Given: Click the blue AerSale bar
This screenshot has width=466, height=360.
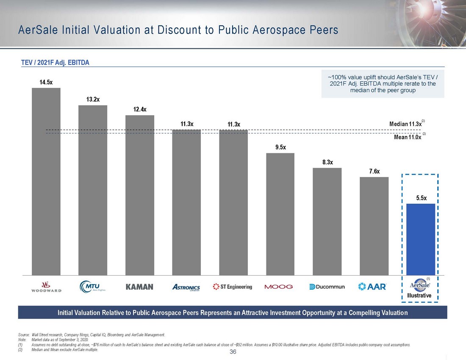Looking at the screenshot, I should tap(420, 239).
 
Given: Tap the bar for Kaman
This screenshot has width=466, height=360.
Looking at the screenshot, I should tap(140, 195).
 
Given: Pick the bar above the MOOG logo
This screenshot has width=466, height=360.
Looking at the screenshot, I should tap(280, 214).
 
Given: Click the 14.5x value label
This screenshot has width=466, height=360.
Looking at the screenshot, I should tap(46, 82).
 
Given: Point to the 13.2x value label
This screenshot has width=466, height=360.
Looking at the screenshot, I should tap(93, 100).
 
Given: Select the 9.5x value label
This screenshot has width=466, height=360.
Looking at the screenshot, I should tap(280, 147).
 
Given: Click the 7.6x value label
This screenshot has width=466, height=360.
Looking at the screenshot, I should tap(374, 171).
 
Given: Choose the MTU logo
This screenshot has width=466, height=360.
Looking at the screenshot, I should tap(92, 287).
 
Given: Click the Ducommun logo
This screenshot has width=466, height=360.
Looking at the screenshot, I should tap(327, 287).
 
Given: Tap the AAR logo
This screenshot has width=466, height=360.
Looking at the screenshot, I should tap(372, 287).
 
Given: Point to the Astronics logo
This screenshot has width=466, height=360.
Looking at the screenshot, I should tap(186, 287).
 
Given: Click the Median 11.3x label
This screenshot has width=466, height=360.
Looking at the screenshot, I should tap(405, 124).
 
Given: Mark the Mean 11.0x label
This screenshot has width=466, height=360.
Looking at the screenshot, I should tap(405, 137).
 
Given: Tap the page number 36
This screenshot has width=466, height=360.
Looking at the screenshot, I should tap(233, 352).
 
